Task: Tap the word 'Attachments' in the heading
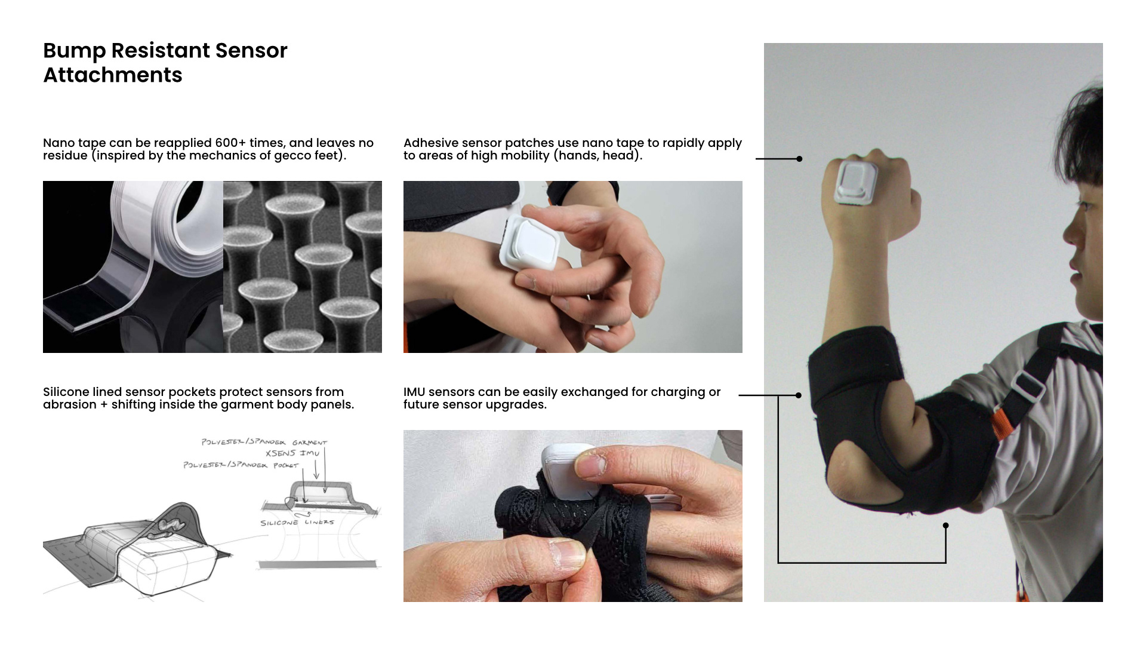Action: pyautogui.click(x=113, y=75)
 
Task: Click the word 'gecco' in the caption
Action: pyautogui.click(x=292, y=156)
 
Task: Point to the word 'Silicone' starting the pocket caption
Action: pyautogui.click(x=66, y=392)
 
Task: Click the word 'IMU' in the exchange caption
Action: pyautogui.click(x=414, y=392)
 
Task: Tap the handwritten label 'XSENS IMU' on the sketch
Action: pyautogui.click(x=292, y=453)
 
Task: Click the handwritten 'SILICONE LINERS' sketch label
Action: pyautogui.click(x=297, y=523)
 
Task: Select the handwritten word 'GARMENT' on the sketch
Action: pyautogui.click(x=310, y=443)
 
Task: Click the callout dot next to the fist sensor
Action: pyautogui.click(x=799, y=159)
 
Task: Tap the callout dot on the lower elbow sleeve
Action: pyautogui.click(x=945, y=526)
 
